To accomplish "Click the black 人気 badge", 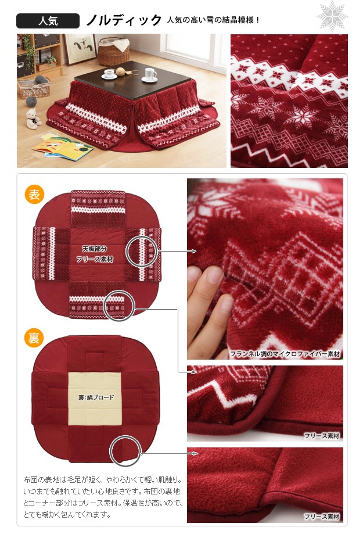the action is (48, 20).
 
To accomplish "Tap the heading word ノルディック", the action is (124, 20).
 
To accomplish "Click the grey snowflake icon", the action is (332, 16).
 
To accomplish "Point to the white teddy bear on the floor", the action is (33, 119).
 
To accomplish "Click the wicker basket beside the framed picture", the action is (113, 52).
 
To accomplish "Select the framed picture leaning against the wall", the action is (80, 49).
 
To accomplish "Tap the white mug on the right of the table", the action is (150, 75).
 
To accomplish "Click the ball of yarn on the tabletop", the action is (120, 72).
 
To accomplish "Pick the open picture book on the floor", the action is (63, 146).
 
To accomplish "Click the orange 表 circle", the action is (34, 194).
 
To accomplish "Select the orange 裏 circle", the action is (34, 338).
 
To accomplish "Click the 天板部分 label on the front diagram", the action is (95, 249).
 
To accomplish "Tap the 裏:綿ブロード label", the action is (96, 397).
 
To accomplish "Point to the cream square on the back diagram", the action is (95, 399).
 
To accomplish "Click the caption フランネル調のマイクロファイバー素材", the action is (285, 354).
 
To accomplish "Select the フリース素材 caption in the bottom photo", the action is (321, 517).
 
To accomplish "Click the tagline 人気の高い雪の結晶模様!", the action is (213, 20).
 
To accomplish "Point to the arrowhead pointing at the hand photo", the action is (193, 251).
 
